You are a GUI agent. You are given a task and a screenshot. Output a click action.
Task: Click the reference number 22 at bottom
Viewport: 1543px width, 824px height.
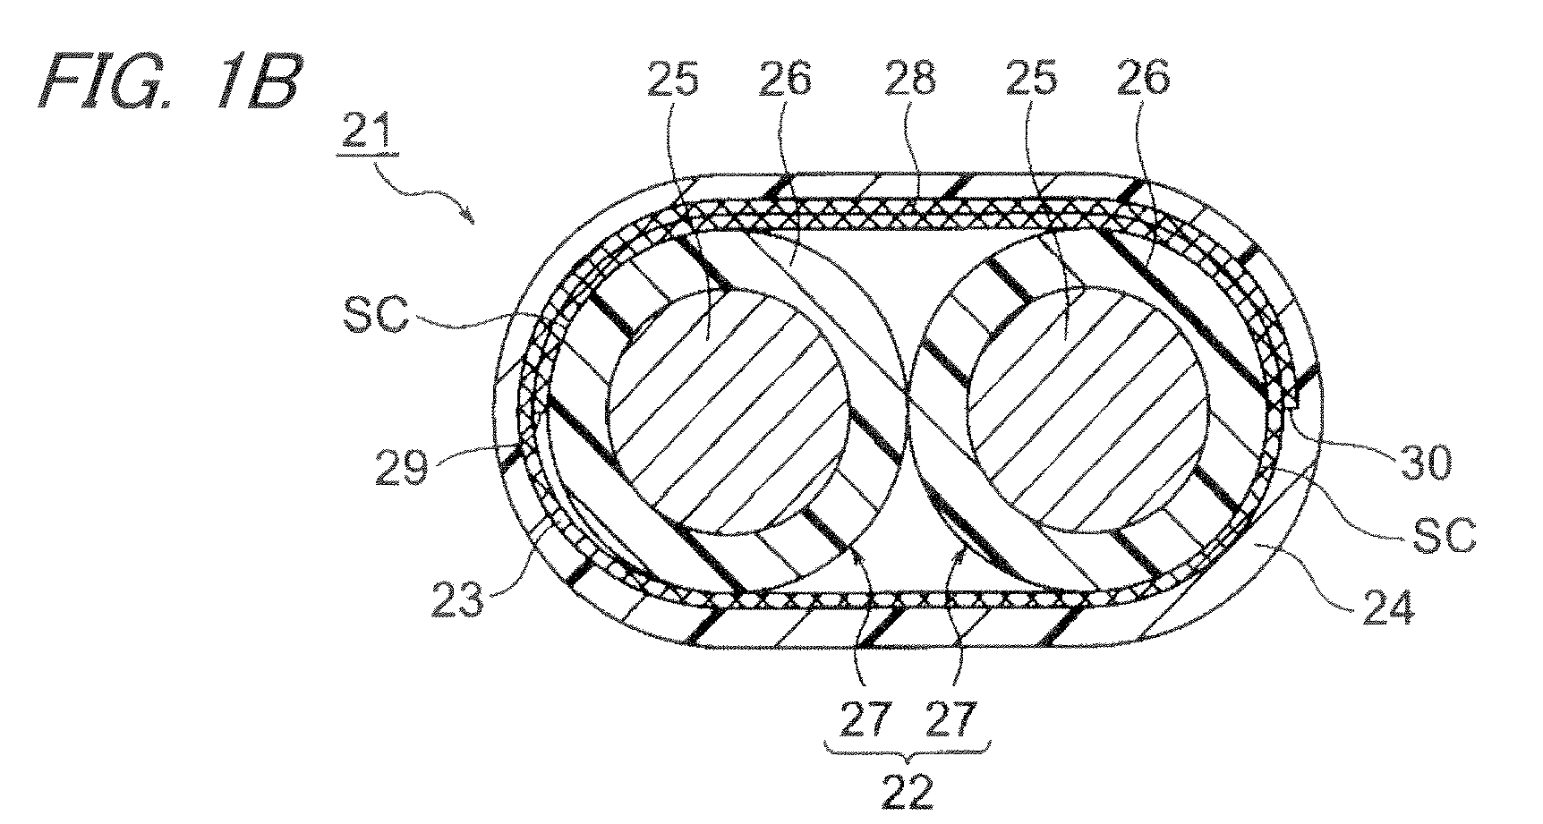pos(907,791)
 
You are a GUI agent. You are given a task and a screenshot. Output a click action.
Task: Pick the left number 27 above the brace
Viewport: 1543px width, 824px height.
pos(867,717)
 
